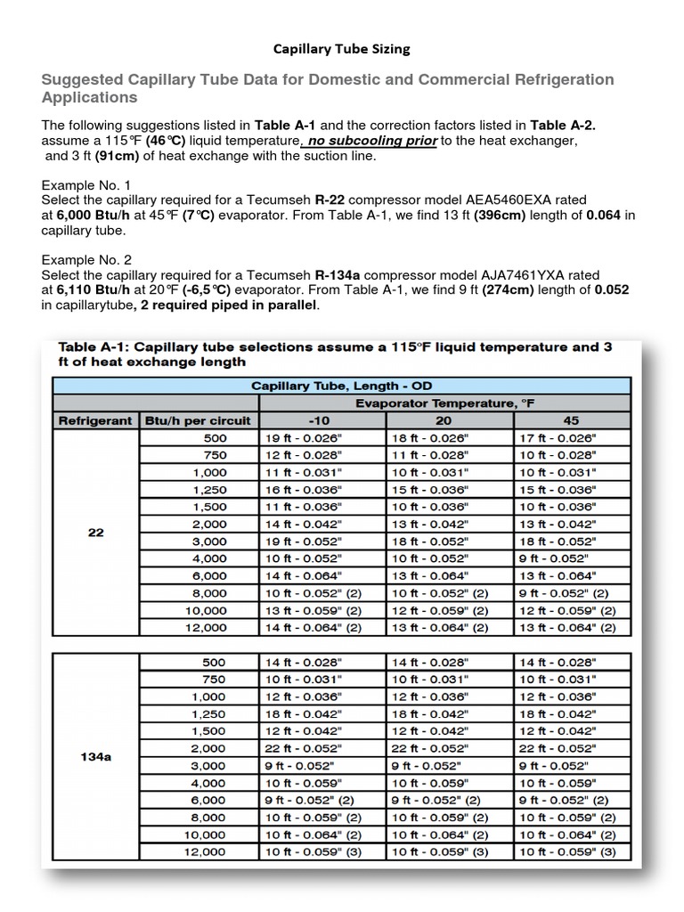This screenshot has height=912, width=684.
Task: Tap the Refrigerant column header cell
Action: tap(96, 420)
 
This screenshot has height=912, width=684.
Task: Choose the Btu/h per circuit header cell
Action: tap(198, 420)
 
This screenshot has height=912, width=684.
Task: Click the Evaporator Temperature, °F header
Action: tap(444, 403)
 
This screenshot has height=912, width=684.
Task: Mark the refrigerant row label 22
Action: tap(96, 533)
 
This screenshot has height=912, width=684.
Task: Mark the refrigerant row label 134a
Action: tap(96, 756)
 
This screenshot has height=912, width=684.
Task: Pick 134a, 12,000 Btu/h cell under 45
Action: tap(567, 852)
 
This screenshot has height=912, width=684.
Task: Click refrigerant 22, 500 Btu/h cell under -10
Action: tap(303, 437)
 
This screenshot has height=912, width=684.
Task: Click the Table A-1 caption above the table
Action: tap(334, 354)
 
